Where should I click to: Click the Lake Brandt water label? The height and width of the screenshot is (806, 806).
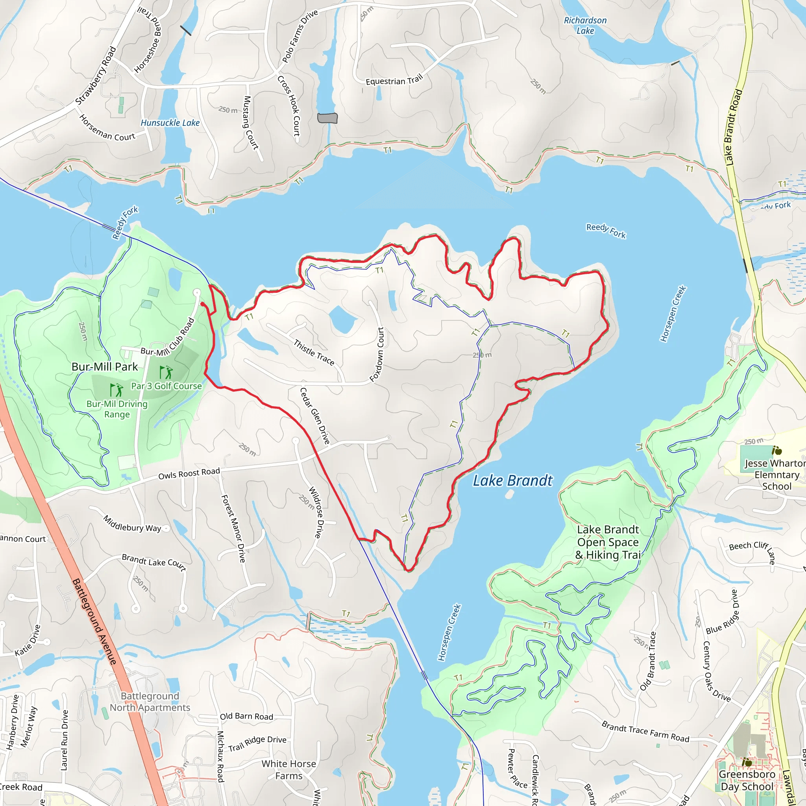[512, 481]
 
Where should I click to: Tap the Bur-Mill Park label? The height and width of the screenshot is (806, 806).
[104, 367]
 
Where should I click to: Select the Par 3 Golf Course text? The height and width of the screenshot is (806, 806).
[166, 386]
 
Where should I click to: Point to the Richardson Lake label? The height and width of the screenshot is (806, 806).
[585, 25]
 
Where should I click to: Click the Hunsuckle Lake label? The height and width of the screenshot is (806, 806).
[170, 123]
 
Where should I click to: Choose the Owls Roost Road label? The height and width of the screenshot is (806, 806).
[189, 473]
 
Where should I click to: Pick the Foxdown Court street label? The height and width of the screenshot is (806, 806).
[377, 354]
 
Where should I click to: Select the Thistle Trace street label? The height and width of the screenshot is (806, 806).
[314, 353]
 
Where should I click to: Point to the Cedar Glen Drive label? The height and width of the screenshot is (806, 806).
[315, 416]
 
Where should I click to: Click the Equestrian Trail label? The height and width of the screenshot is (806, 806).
[394, 79]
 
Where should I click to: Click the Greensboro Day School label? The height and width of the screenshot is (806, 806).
[746, 780]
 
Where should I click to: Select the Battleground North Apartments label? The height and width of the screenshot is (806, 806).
[150, 702]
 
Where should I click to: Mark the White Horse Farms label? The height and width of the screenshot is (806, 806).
[289, 770]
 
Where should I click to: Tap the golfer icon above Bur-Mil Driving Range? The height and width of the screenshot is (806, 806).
[116, 390]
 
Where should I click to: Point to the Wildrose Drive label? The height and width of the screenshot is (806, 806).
[316, 512]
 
